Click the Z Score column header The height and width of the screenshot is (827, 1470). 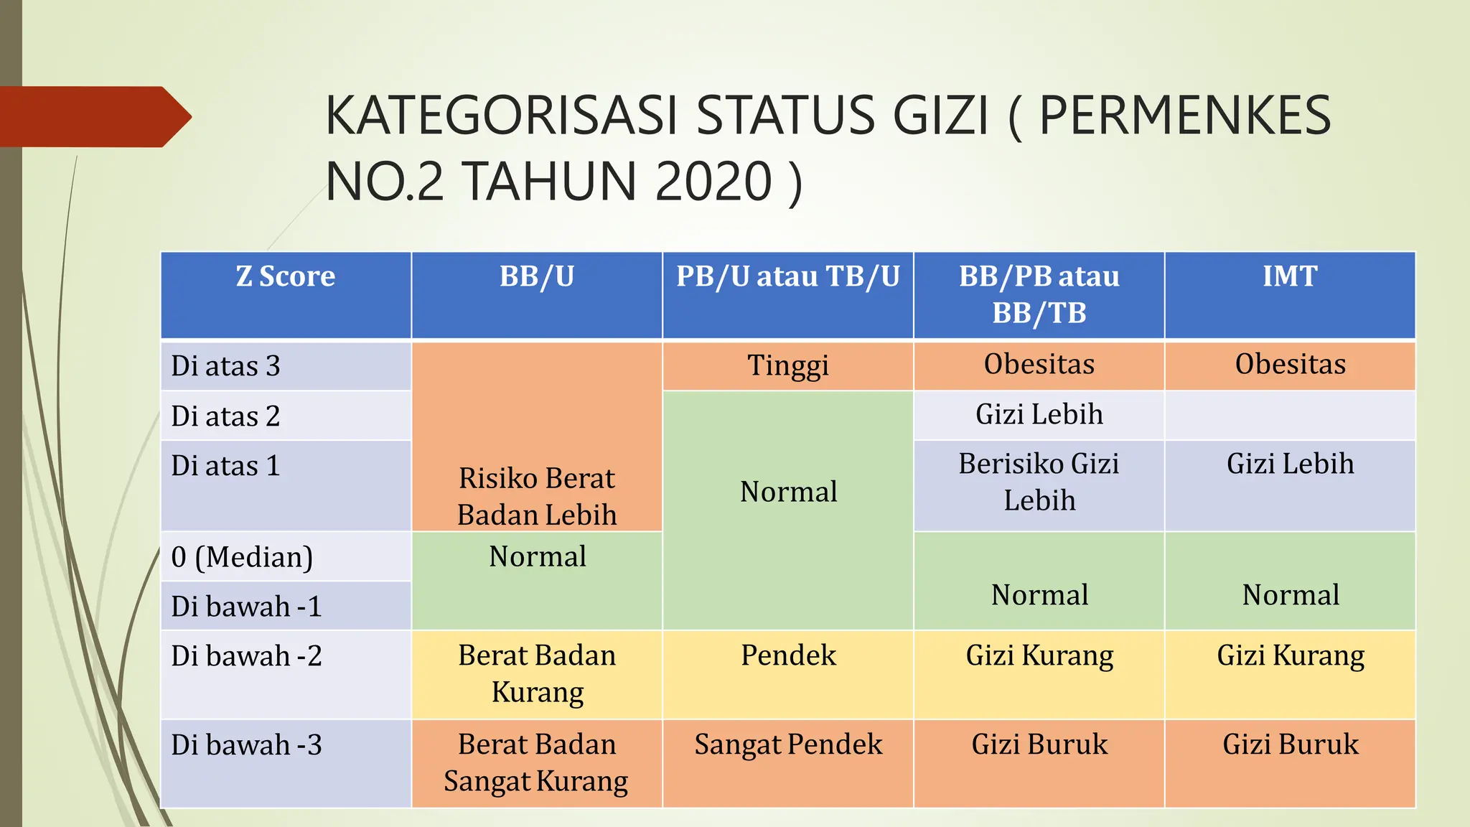[x=286, y=276]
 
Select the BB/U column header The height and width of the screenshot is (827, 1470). [x=537, y=276]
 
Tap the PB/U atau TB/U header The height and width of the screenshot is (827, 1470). [x=787, y=276]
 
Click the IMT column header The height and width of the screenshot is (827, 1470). [x=1290, y=276]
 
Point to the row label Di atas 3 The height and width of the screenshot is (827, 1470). [x=225, y=366]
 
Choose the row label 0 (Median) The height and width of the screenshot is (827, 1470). [x=242, y=557]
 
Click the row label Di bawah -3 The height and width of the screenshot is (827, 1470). [x=246, y=745]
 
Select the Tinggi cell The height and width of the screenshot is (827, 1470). [x=787, y=365]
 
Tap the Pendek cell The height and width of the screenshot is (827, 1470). [x=788, y=655]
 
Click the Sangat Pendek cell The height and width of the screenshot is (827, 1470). [x=788, y=744]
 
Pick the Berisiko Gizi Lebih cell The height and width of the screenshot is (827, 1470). [x=1039, y=482]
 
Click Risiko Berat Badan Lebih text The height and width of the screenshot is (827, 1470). [x=537, y=496]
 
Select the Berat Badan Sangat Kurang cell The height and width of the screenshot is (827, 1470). [x=536, y=762]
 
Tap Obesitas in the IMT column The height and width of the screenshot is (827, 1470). [x=1290, y=365]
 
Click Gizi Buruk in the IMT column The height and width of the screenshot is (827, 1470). [x=1290, y=744]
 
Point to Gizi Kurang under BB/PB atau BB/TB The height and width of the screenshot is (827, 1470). [x=1039, y=655]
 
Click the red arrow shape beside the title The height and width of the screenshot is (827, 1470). [x=93, y=116]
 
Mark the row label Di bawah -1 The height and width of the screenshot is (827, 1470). [x=246, y=607]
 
